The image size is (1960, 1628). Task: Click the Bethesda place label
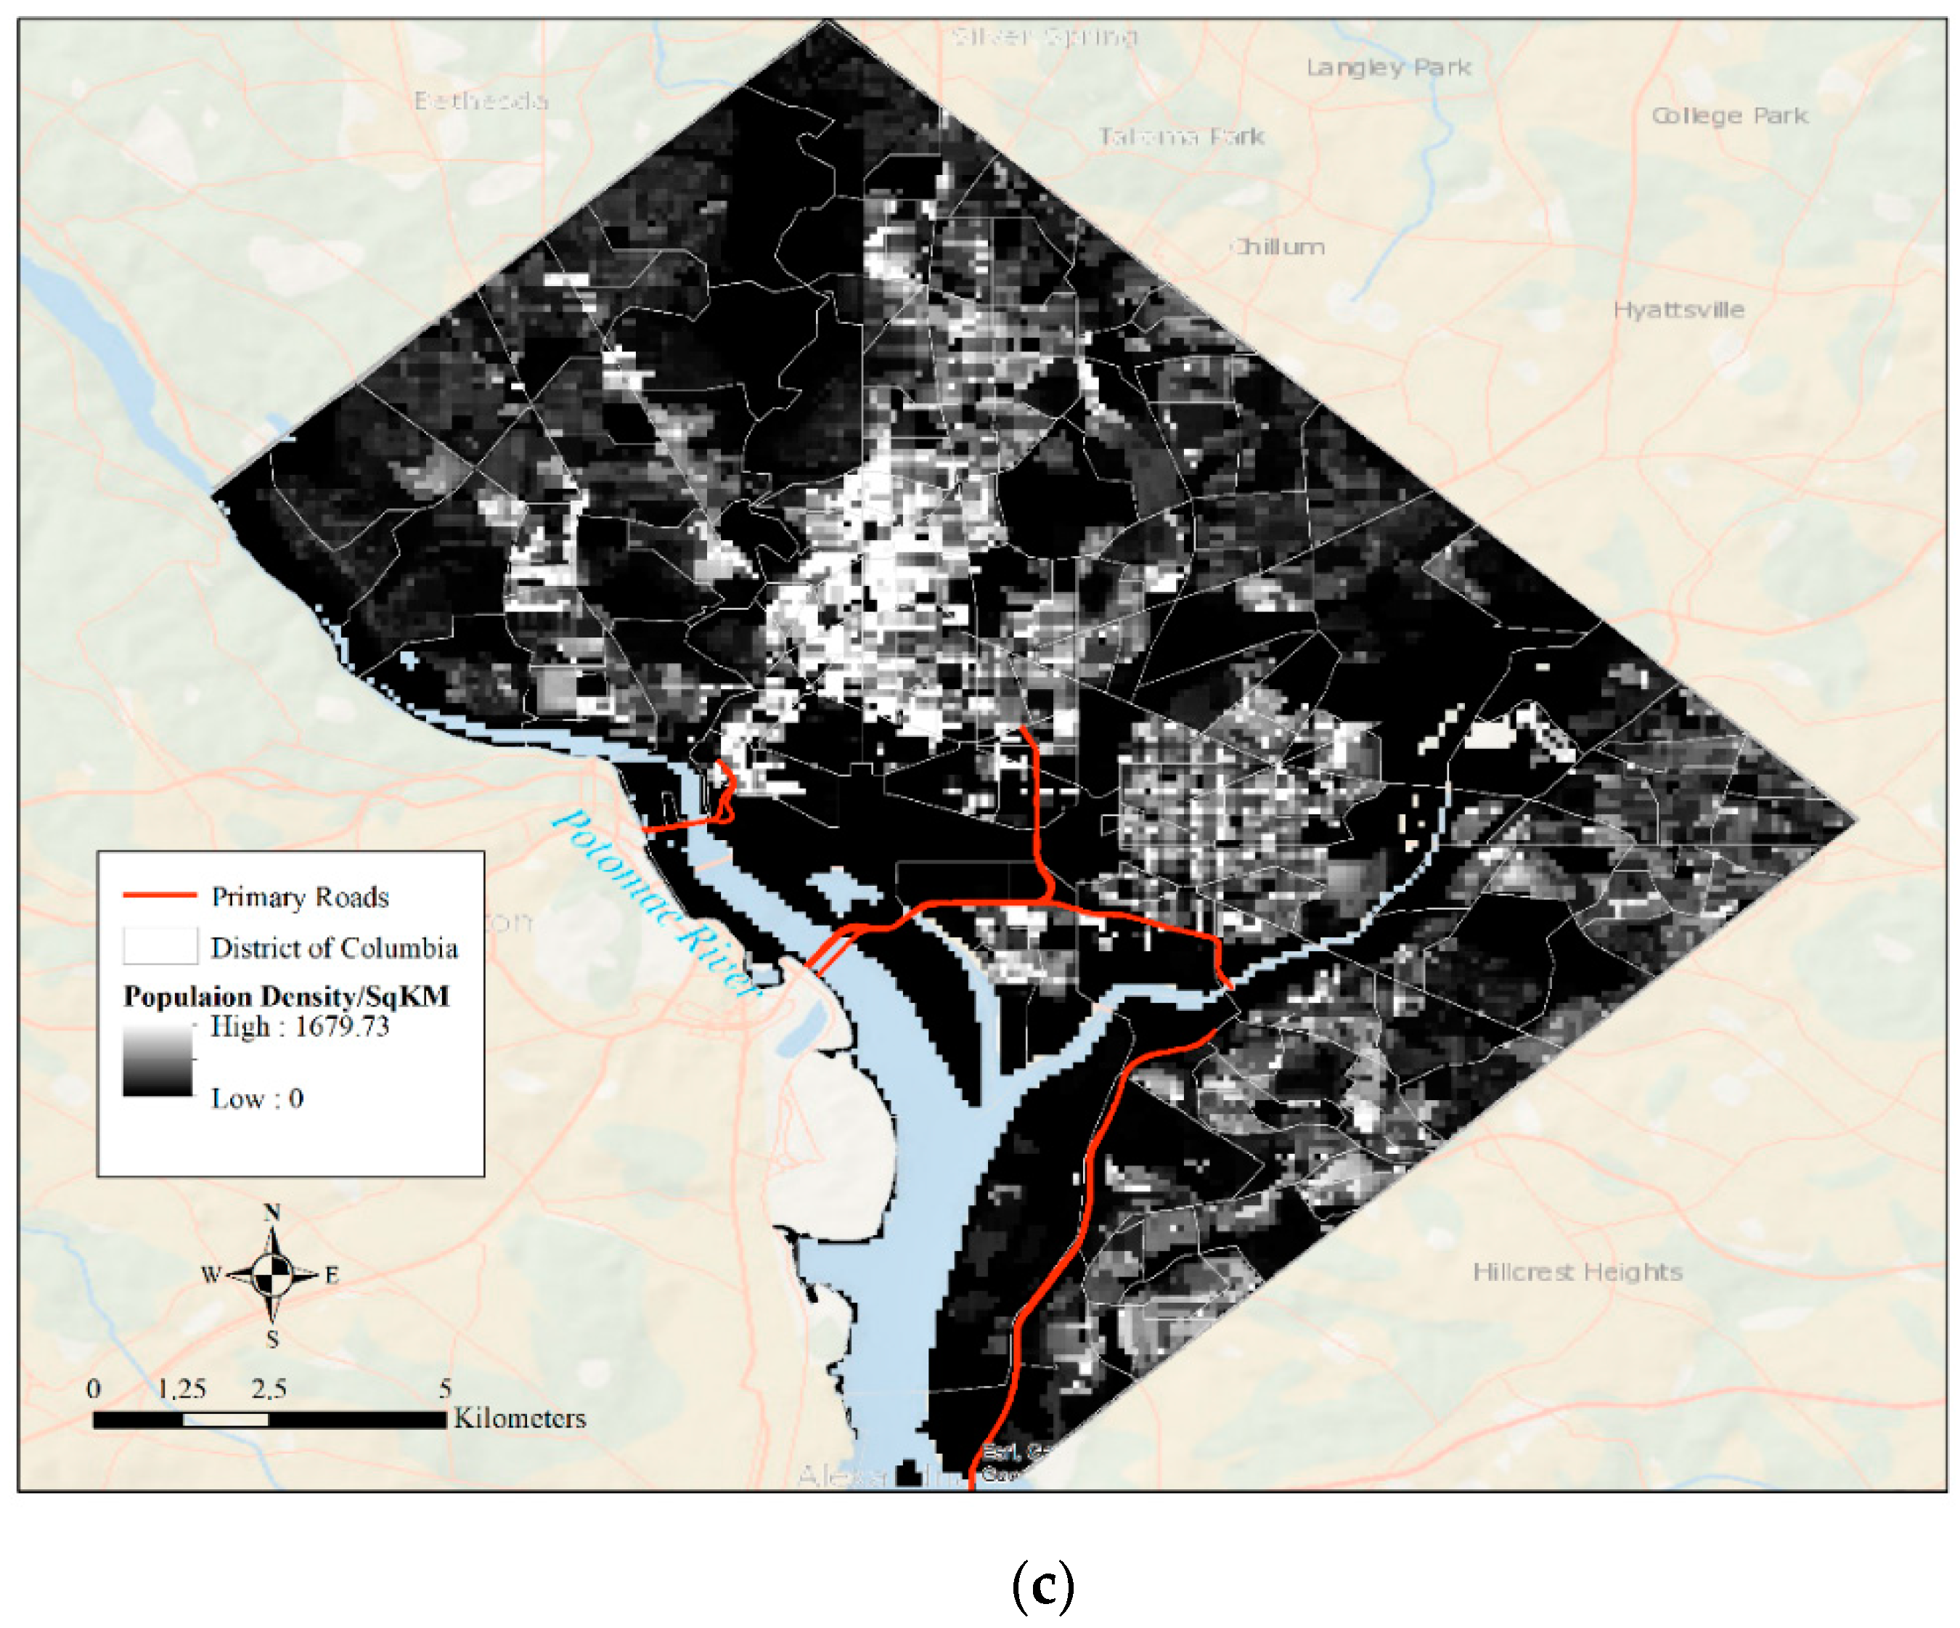coord(481,100)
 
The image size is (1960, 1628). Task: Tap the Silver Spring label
coord(1043,36)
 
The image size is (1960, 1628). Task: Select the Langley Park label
coord(1388,68)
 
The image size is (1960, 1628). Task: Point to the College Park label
coord(1729,115)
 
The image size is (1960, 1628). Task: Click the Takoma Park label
coord(1180,137)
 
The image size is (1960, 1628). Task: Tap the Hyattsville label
coord(1678,310)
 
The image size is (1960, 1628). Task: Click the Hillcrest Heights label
coord(1577,1272)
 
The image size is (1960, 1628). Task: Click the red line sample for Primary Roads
coord(160,895)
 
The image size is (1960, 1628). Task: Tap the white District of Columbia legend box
coord(160,945)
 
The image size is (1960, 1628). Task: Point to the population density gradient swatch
coord(158,1060)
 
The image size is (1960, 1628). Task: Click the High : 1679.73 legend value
coord(298,1027)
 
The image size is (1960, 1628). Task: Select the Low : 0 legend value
coord(257,1099)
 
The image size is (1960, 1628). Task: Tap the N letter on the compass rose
coord(271,1213)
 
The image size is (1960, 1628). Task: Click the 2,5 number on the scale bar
coord(269,1389)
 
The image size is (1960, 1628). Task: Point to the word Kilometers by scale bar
coord(519,1419)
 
